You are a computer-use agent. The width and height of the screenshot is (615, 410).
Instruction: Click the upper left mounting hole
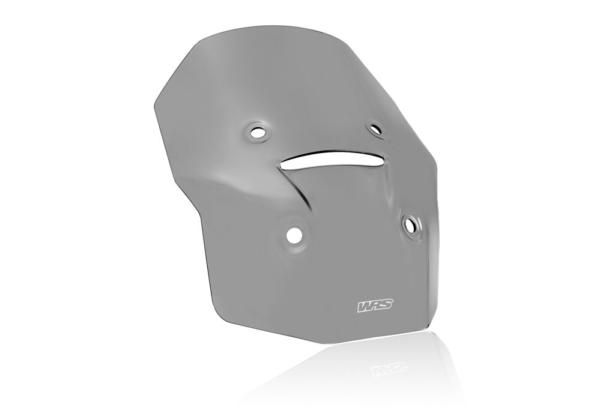tap(258, 133)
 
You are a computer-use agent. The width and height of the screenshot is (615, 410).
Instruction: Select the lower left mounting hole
tap(294, 235)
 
